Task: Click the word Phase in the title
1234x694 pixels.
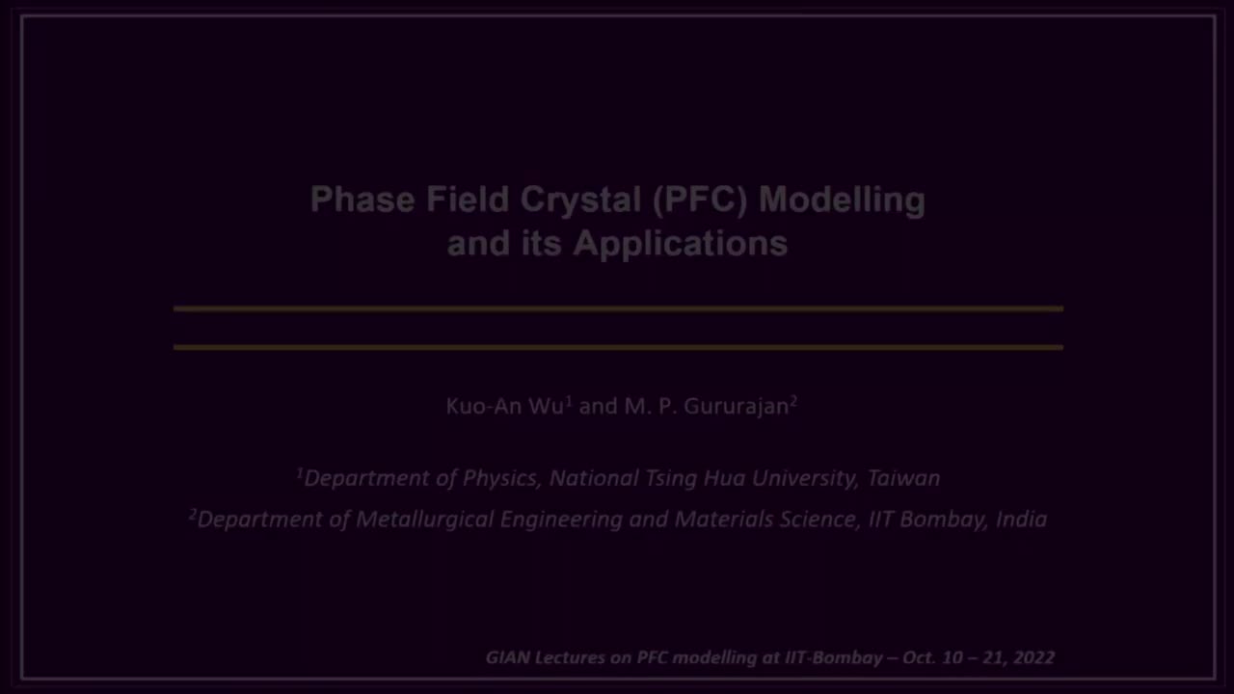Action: point(362,200)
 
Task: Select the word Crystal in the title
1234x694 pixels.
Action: point(580,200)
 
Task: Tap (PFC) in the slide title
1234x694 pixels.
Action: point(700,200)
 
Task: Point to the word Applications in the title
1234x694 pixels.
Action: point(681,243)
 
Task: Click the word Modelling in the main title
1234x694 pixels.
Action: point(842,200)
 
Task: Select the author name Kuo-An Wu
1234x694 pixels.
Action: point(504,406)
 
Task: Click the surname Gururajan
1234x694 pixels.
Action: point(737,406)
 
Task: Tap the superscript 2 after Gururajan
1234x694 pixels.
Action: point(793,400)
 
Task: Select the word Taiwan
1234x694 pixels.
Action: point(903,478)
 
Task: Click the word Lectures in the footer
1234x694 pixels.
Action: point(569,657)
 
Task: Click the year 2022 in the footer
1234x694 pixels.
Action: point(1033,657)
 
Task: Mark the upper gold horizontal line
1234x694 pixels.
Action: point(618,308)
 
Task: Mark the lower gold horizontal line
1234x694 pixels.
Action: point(618,347)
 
